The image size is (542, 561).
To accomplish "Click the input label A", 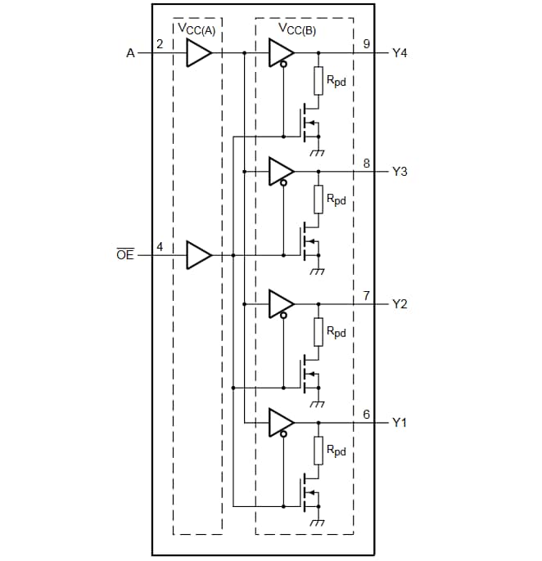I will tap(129, 53).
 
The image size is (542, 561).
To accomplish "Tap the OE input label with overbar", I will tap(124, 256).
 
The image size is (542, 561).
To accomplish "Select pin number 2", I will tap(160, 45).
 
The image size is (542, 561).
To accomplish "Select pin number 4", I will tap(160, 246).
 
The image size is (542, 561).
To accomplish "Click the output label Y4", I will tap(400, 53).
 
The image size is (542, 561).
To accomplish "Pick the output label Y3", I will tap(400, 172).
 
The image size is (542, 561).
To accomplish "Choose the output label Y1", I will tap(400, 423).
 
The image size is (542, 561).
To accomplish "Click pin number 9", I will tap(366, 44).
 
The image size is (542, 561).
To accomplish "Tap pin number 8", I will tap(366, 163).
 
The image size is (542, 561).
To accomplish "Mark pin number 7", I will tap(366, 294).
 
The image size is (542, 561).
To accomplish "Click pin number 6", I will tap(366, 414).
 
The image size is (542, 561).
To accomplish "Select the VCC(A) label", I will tap(196, 29).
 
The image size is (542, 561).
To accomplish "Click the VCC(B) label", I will tap(297, 29).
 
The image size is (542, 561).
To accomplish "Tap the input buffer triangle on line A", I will tap(198, 53).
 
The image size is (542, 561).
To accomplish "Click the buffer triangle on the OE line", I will tap(198, 255).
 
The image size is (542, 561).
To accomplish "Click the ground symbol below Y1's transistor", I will tap(318, 523).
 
